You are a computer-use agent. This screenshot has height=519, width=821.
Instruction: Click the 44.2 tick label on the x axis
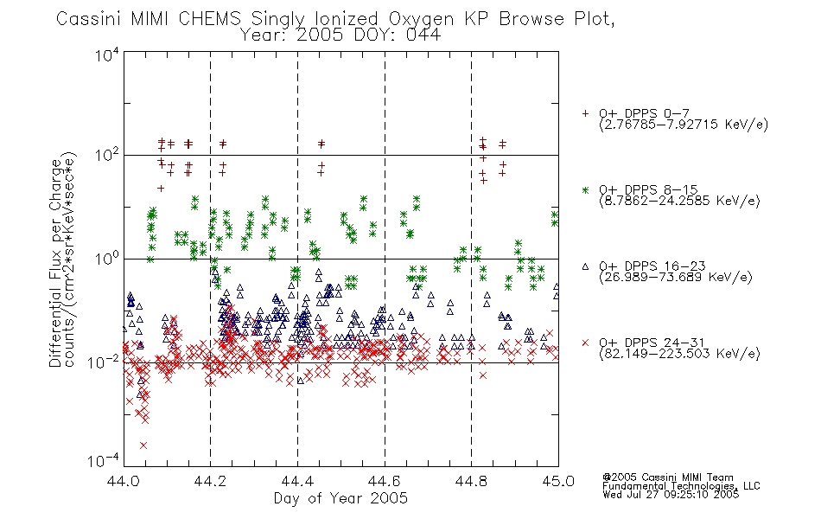pyautogui.click(x=210, y=481)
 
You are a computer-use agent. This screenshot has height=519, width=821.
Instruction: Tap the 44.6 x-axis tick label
pyautogui.click(x=385, y=481)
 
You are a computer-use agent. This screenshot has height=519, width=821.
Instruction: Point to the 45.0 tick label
pyautogui.click(x=558, y=481)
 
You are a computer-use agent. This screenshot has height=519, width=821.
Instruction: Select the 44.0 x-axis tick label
pyautogui.click(x=123, y=481)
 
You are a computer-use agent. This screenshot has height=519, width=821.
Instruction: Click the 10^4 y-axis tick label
pyautogui.click(x=107, y=54)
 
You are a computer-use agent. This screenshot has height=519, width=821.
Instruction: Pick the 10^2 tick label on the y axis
pyautogui.click(x=107, y=156)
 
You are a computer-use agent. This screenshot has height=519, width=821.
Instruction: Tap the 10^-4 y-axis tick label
pyautogui.click(x=104, y=460)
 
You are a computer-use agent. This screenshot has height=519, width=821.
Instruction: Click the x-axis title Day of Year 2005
pyautogui.click(x=340, y=498)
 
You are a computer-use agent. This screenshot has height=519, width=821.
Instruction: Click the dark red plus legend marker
pyautogui.click(x=585, y=113)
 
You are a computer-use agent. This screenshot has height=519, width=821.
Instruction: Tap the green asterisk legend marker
pyautogui.click(x=585, y=190)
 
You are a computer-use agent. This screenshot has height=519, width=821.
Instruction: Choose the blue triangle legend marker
pyautogui.click(x=585, y=266)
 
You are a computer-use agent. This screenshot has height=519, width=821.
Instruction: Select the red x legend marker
pyautogui.click(x=585, y=343)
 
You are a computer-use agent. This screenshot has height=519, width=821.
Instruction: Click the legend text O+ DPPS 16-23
pyautogui.click(x=652, y=266)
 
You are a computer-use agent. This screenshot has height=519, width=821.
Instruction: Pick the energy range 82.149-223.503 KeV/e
pyautogui.click(x=679, y=354)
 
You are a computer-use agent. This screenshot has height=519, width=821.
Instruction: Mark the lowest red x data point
pyautogui.click(x=143, y=445)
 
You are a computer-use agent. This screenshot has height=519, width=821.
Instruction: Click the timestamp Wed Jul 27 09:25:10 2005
pyautogui.click(x=671, y=494)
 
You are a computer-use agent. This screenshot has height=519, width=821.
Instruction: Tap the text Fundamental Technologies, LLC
pyautogui.click(x=681, y=486)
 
